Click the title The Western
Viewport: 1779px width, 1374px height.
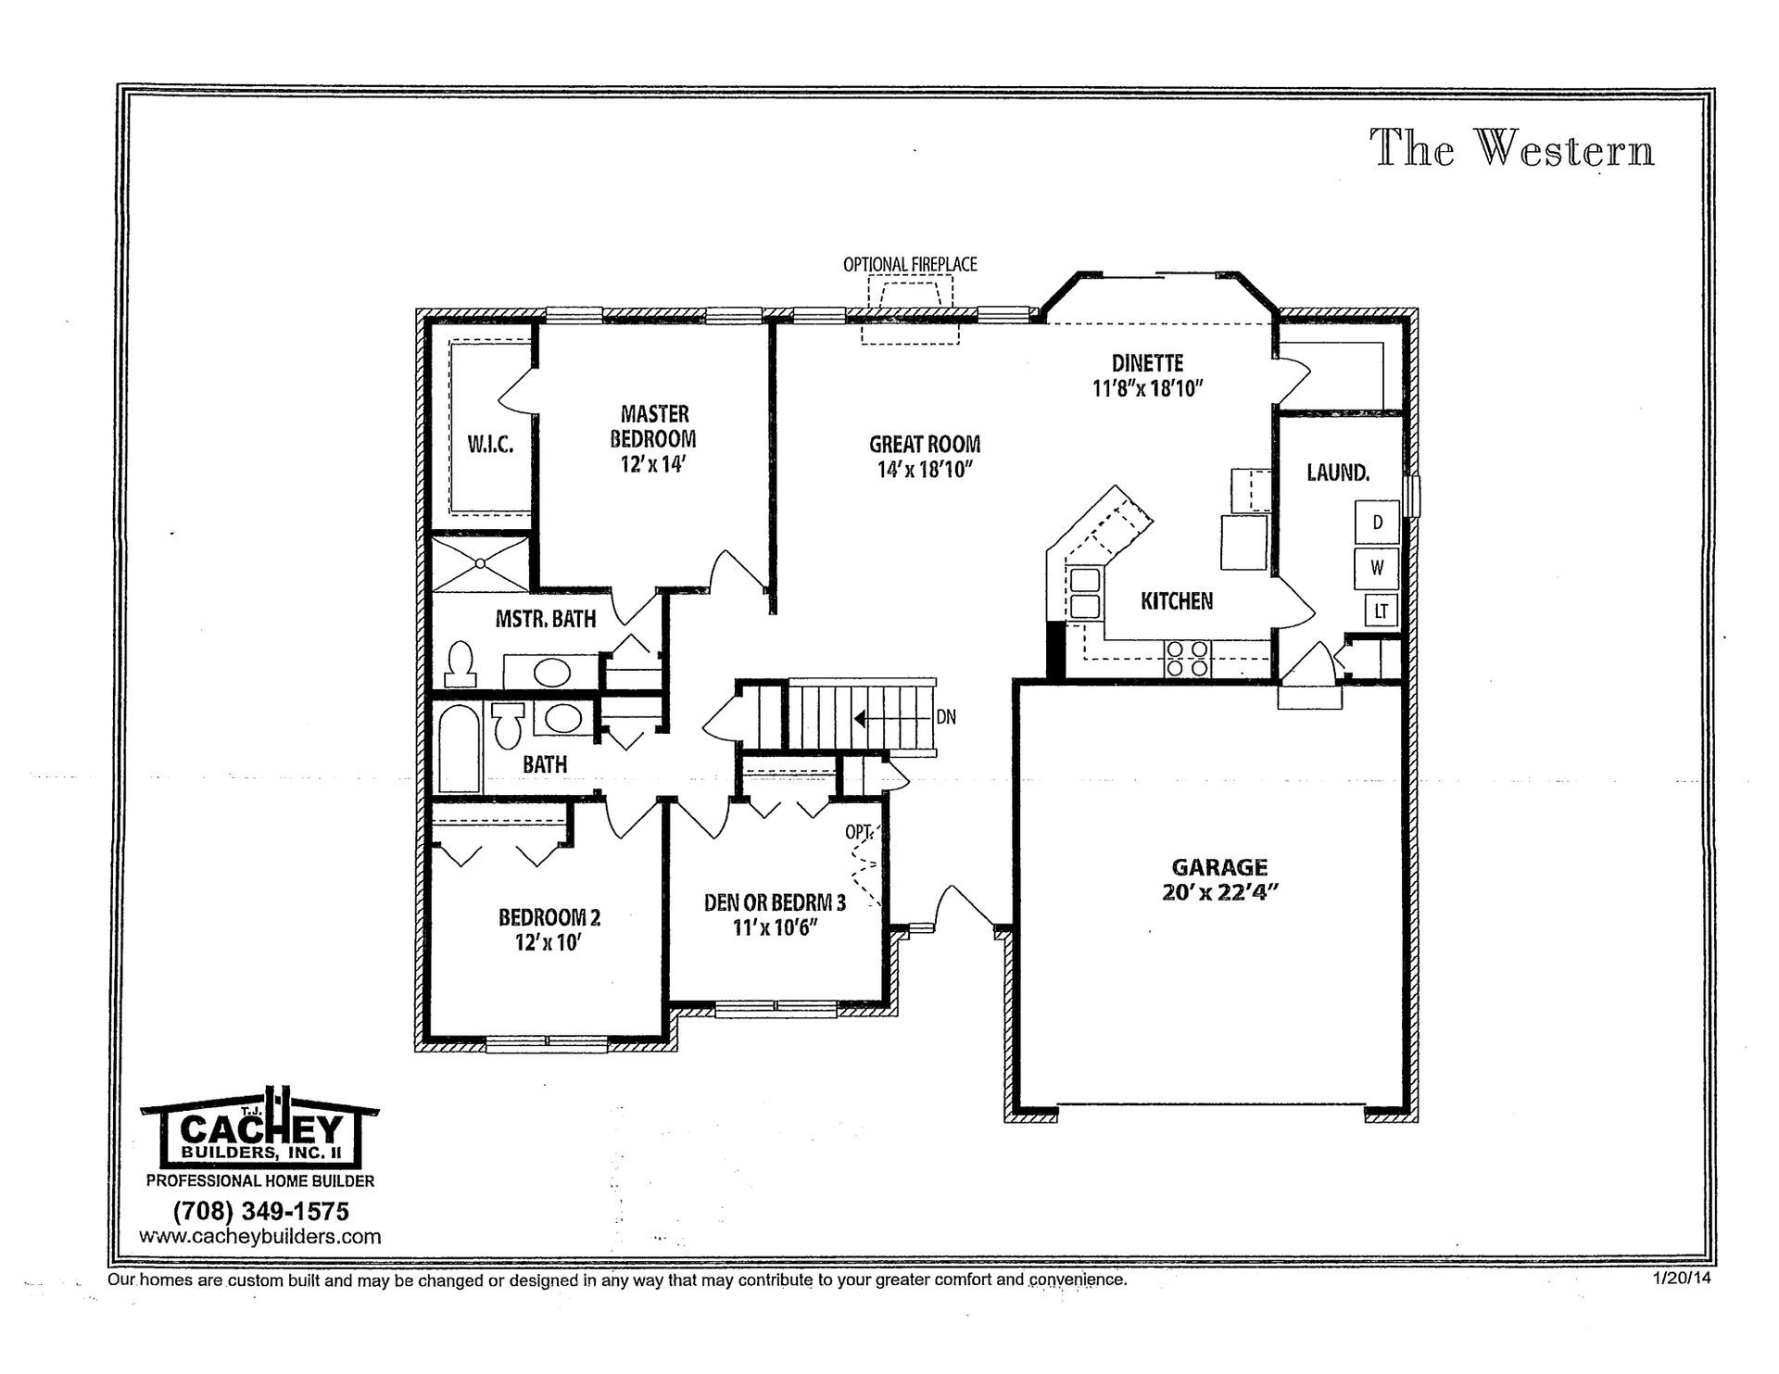[1512, 148]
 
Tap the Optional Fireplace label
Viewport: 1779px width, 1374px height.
[909, 265]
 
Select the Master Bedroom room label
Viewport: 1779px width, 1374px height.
[654, 426]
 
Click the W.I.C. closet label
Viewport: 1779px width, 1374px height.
[490, 445]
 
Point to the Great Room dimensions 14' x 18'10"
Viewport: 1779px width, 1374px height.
[924, 470]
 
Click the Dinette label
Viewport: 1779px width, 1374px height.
[1147, 364]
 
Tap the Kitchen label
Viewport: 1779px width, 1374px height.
[1176, 601]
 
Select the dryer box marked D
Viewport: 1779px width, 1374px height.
[1377, 523]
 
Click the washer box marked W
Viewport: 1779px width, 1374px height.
[1377, 567]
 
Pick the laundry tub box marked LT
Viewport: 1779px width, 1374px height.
[1381, 611]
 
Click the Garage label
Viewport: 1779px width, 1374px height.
[1219, 867]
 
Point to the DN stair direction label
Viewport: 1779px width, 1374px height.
[946, 717]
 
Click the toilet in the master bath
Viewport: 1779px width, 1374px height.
[461, 664]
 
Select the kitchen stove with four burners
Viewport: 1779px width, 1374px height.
[1187, 658]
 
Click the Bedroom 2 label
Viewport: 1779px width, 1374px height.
[549, 917]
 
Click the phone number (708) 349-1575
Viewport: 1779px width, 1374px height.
[260, 1211]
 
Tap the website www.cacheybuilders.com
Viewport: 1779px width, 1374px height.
[260, 1236]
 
